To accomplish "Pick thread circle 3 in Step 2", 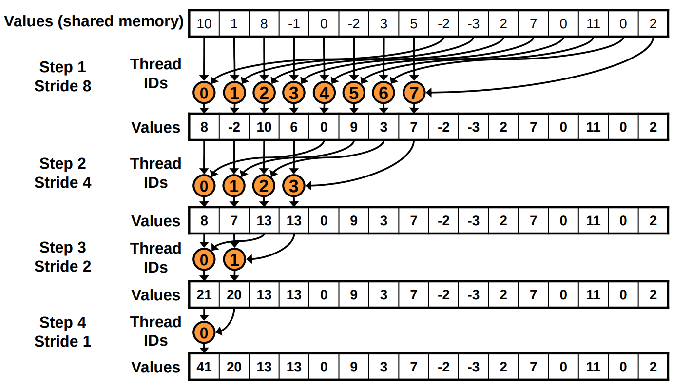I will (294, 186).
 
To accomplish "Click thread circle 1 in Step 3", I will (234, 260).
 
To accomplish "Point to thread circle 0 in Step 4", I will (204, 333).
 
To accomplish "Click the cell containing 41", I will (204, 367).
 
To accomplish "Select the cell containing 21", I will (204, 295).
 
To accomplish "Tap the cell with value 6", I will (294, 127).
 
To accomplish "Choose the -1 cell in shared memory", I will (294, 23).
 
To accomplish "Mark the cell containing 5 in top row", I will (414, 23).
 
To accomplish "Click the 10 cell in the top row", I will (204, 23).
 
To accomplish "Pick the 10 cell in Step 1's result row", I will (264, 127).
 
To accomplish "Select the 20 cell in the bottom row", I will (234, 367).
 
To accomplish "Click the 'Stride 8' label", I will (62, 86).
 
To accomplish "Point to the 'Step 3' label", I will (62, 247).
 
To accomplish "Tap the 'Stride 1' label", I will (62, 341).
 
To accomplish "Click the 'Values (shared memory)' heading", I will (94, 21).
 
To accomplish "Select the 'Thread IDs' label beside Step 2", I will (155, 173).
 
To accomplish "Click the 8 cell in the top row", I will (264, 23).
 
